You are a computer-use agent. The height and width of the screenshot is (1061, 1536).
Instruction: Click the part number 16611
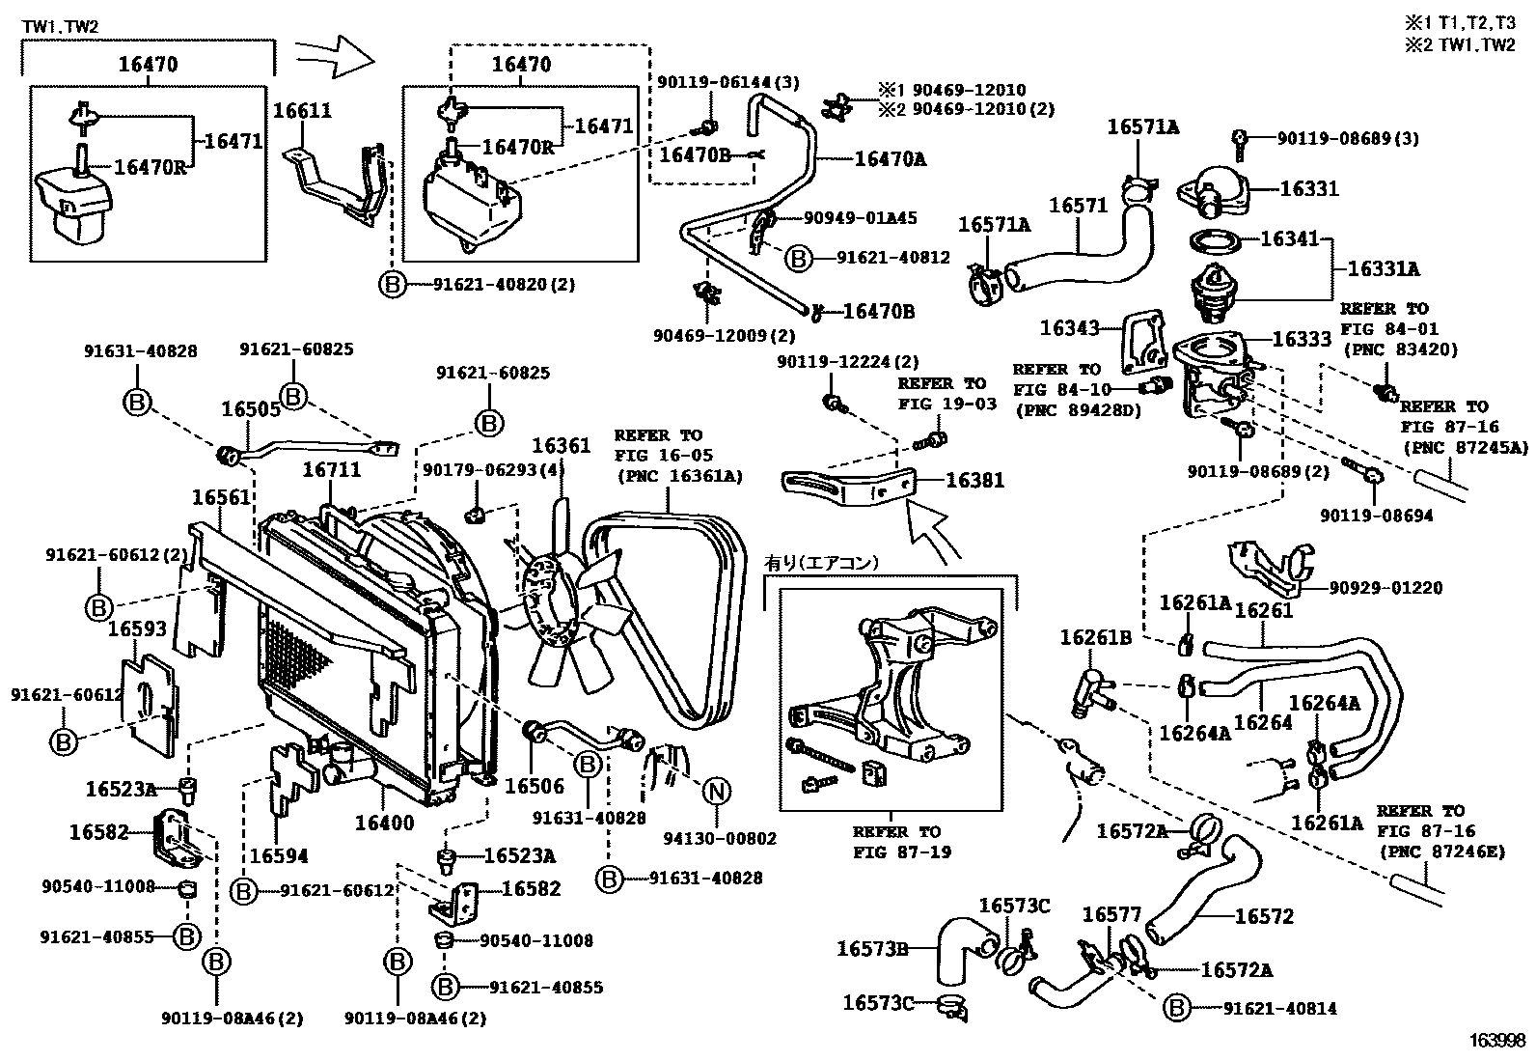pos(302,110)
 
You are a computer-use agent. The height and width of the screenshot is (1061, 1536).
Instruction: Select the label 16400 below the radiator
pos(385,823)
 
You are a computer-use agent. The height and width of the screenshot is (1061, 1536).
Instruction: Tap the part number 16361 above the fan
pos(562,445)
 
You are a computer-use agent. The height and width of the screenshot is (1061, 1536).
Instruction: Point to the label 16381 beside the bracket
pos(975,480)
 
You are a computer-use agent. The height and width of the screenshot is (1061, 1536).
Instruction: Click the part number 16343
pos(1070,328)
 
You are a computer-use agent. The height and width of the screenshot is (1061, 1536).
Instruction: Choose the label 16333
pos(1303,338)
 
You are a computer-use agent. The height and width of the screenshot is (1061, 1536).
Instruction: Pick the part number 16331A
pos(1384,268)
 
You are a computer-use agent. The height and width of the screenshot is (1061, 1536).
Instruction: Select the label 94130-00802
pos(720,838)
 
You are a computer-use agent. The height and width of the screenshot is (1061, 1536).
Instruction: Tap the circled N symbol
pos(717,792)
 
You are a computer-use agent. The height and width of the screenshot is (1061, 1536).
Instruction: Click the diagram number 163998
pos(1496,1041)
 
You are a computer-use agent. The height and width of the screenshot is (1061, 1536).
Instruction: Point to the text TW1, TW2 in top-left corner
pos(61,27)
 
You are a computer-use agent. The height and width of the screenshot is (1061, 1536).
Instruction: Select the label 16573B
pos(872,948)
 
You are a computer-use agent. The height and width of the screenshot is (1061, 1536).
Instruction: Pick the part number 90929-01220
pos(1385,588)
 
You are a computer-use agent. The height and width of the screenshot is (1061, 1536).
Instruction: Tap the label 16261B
pos(1096,637)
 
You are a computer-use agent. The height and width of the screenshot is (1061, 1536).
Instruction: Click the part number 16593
pos(137,628)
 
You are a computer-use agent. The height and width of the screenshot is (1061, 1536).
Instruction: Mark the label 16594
pos(279,855)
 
